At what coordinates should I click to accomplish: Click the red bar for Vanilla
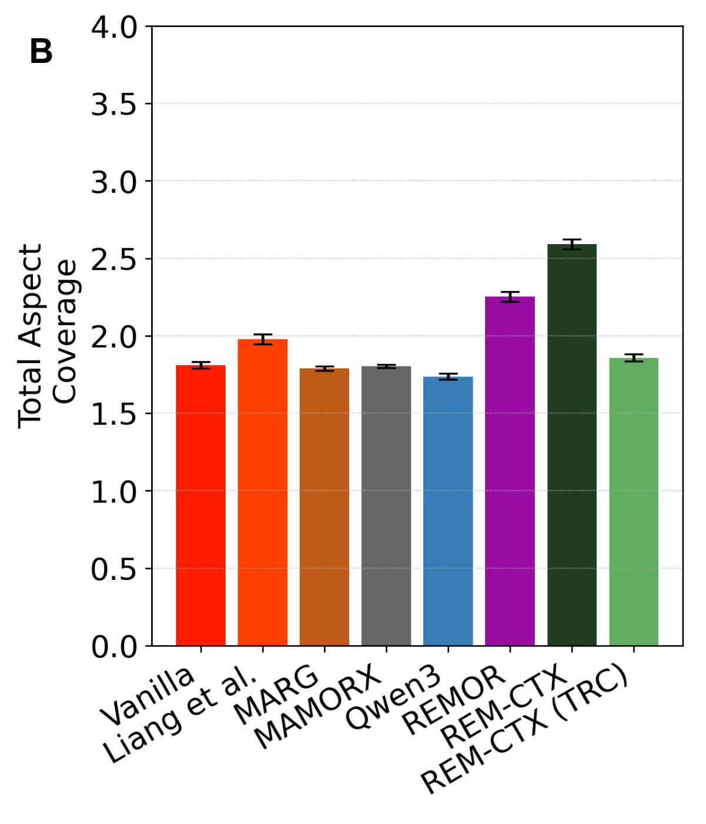tap(201, 505)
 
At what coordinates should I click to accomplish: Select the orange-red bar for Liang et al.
tap(263, 492)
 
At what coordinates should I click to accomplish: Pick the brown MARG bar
tap(324, 506)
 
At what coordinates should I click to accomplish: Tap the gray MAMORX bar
tap(386, 506)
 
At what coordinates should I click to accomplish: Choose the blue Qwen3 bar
tap(448, 511)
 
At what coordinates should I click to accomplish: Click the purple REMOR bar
tap(510, 471)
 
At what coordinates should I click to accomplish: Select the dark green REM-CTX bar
tap(572, 445)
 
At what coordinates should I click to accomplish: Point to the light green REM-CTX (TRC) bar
tap(634, 502)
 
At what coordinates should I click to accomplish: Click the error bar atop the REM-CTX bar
tap(572, 244)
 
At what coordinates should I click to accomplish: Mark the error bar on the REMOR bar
tap(510, 297)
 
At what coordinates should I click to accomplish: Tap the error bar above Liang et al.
tap(263, 339)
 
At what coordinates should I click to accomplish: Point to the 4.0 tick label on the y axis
tap(114, 28)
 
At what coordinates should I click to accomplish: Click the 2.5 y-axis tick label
tap(114, 259)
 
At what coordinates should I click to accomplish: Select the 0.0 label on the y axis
tap(114, 646)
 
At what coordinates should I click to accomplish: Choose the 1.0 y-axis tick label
tap(114, 492)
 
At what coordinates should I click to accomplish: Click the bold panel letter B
tap(41, 52)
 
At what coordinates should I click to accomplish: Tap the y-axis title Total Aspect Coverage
tap(47, 336)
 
